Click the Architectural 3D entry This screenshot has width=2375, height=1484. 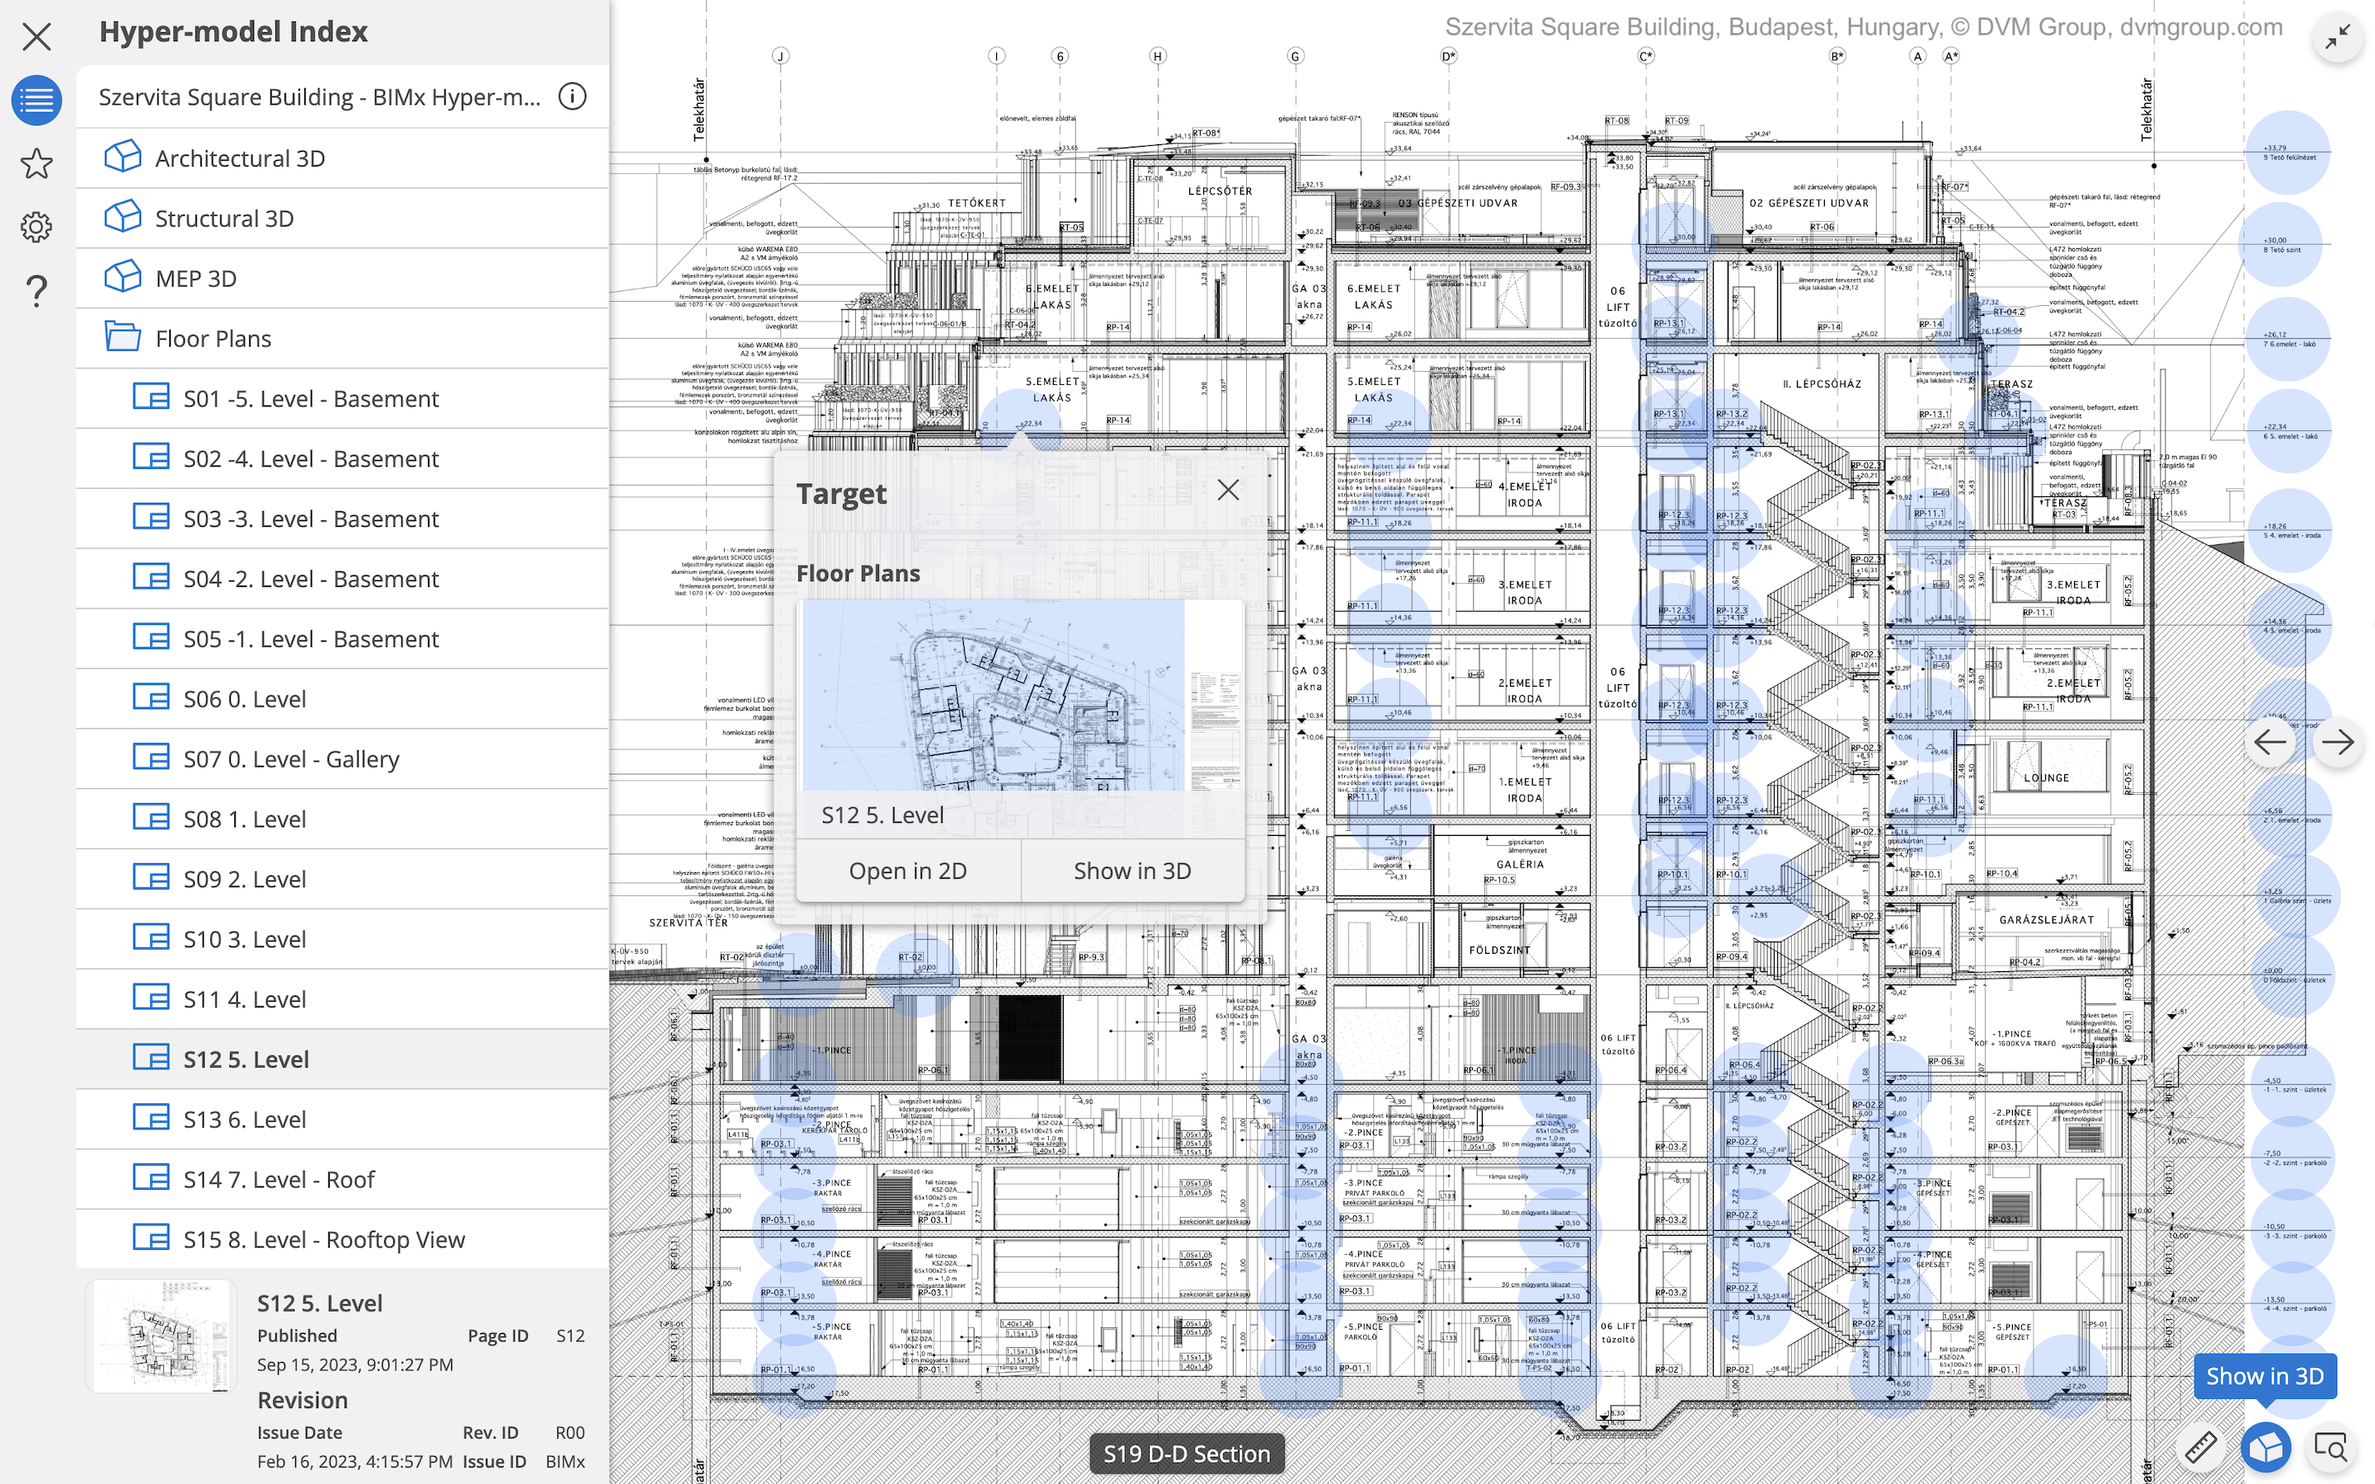tap(239, 158)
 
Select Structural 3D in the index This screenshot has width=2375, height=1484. tap(223, 218)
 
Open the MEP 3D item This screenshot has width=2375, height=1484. tap(195, 279)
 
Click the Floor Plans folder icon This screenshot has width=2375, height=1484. tap(123, 338)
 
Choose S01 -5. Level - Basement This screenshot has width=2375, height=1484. tap(310, 398)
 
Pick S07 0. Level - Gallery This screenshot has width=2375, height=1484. tap(290, 758)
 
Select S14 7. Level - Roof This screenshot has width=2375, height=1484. tap(279, 1180)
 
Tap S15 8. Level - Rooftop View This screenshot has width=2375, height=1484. tap(324, 1240)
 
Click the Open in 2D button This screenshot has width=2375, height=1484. tap(908, 871)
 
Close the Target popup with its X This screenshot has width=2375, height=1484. tap(1228, 490)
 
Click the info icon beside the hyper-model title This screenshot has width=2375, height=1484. tap(572, 96)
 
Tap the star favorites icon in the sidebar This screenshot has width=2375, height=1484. tap(36, 164)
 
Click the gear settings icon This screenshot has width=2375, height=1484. tap(36, 227)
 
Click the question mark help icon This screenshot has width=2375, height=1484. tap(36, 290)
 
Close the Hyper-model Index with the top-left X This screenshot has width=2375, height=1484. tap(36, 37)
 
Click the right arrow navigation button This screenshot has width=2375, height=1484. tap(2337, 742)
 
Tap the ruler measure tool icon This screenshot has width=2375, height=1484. tap(2200, 1447)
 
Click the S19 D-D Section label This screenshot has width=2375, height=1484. tap(1186, 1453)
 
